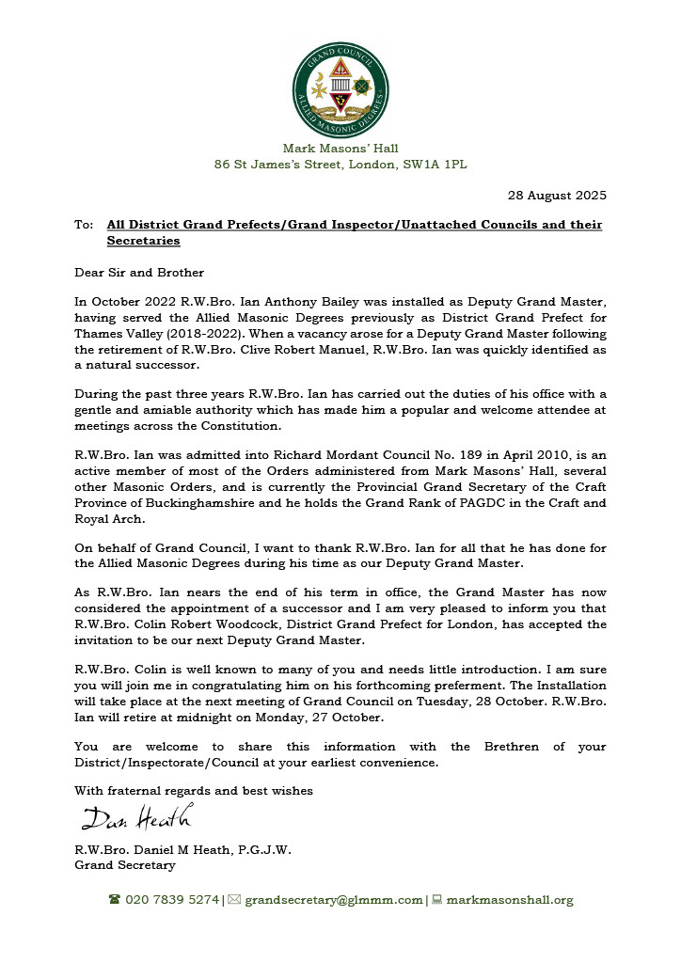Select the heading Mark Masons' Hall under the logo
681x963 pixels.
point(340,148)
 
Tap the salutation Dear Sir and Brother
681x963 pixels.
point(139,273)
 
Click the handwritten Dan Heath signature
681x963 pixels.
point(136,817)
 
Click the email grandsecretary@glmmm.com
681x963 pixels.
point(333,900)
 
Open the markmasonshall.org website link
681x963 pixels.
point(509,900)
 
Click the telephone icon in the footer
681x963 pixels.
point(114,900)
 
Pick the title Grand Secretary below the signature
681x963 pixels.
point(124,865)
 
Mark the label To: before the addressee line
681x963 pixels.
point(83,225)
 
